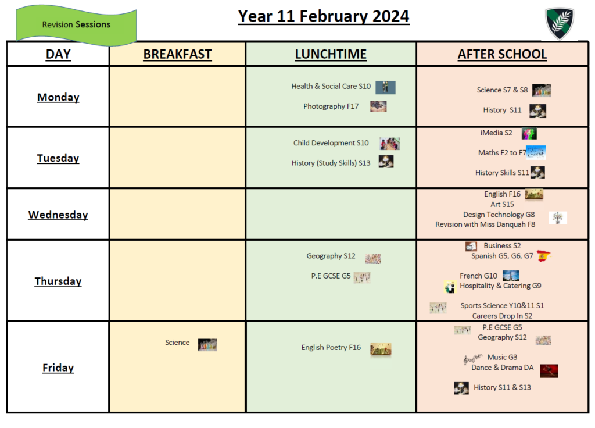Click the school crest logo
(x=560, y=23)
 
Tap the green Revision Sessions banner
(x=76, y=25)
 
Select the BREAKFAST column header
(x=177, y=54)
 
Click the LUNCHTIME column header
(x=331, y=54)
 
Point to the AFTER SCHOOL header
(x=502, y=54)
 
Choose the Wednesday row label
(x=58, y=215)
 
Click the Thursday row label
(x=58, y=281)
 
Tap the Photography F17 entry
(x=331, y=106)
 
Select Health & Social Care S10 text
(x=331, y=86)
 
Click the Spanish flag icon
(x=544, y=256)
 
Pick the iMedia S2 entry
(x=496, y=133)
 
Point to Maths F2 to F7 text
(x=501, y=153)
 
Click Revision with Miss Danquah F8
(x=485, y=224)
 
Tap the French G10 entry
(x=478, y=276)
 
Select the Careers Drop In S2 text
(x=501, y=316)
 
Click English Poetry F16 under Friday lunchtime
(x=331, y=348)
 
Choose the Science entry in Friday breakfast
(x=177, y=342)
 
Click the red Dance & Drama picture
(x=549, y=370)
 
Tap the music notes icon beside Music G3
(x=472, y=358)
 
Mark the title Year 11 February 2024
(x=324, y=16)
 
